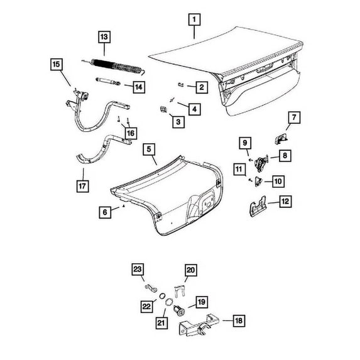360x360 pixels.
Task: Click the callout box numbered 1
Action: (195, 19)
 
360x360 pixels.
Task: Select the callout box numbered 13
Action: (104, 37)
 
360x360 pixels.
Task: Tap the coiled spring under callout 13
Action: (114, 67)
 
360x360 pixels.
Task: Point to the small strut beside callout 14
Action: (108, 81)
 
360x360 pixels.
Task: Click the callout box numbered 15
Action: (57, 64)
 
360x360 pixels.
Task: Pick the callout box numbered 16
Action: (131, 133)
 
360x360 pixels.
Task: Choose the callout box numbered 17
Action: (83, 186)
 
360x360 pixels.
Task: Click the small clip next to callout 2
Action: (181, 85)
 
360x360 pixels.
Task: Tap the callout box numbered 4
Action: (195, 109)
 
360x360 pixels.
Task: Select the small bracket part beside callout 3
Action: (163, 109)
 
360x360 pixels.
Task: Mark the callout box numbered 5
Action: (149, 150)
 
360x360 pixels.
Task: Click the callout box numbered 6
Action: (105, 212)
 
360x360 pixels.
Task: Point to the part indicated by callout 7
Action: (281, 139)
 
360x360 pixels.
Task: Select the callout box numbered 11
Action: (239, 169)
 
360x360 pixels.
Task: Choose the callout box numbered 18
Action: (239, 320)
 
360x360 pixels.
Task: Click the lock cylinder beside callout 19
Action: (179, 310)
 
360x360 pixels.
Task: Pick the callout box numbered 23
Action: (138, 270)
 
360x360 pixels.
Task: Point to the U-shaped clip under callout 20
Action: (179, 291)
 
